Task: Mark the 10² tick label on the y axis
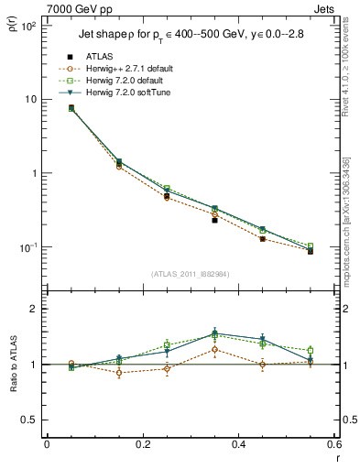click(27, 26)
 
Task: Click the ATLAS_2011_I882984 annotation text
click(190, 274)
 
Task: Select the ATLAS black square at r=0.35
click(214, 220)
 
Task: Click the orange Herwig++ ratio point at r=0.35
click(214, 349)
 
